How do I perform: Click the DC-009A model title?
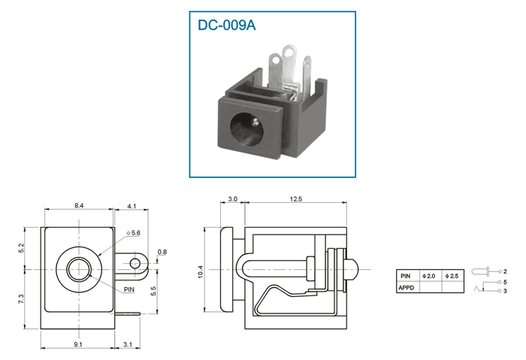point(226,25)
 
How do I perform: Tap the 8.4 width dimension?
point(79,206)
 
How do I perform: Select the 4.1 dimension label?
point(131,206)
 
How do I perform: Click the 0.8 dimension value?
point(162,252)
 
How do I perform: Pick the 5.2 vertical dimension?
point(21,248)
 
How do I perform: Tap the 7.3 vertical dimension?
point(21,299)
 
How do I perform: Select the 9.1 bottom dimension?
point(78,344)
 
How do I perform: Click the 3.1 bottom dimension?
point(128,344)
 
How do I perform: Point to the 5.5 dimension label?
point(153,291)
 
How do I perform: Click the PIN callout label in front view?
point(129,289)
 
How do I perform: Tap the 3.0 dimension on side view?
point(232,199)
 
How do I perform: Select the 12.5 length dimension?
point(295,199)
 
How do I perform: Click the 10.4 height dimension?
point(201,272)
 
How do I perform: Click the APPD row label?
point(407,288)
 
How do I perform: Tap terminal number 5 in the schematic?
point(505,282)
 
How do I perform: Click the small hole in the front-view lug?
point(135,263)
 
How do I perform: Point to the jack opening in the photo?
point(247,129)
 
